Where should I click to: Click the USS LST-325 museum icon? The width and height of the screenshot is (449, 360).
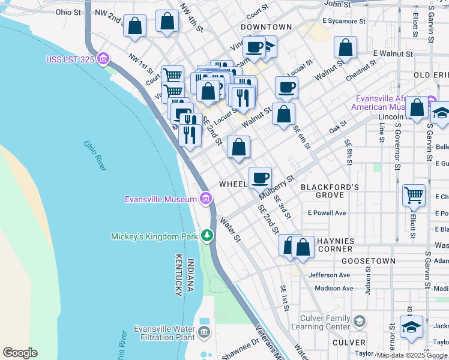(x=103, y=59)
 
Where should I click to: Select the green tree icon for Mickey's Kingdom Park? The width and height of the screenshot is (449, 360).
(x=206, y=236)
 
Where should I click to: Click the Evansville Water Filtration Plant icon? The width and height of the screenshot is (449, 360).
(x=204, y=332)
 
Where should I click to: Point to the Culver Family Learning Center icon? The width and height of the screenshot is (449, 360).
(x=359, y=321)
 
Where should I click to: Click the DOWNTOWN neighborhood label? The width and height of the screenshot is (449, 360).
(x=266, y=27)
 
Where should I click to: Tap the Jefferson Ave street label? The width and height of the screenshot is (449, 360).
(x=329, y=275)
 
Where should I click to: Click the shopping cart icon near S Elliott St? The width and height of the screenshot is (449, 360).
(x=414, y=195)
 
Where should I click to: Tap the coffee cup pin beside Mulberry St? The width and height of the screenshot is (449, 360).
(x=260, y=177)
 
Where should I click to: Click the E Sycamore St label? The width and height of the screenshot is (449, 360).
(x=343, y=21)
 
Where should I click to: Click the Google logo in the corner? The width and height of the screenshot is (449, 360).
(x=20, y=353)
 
